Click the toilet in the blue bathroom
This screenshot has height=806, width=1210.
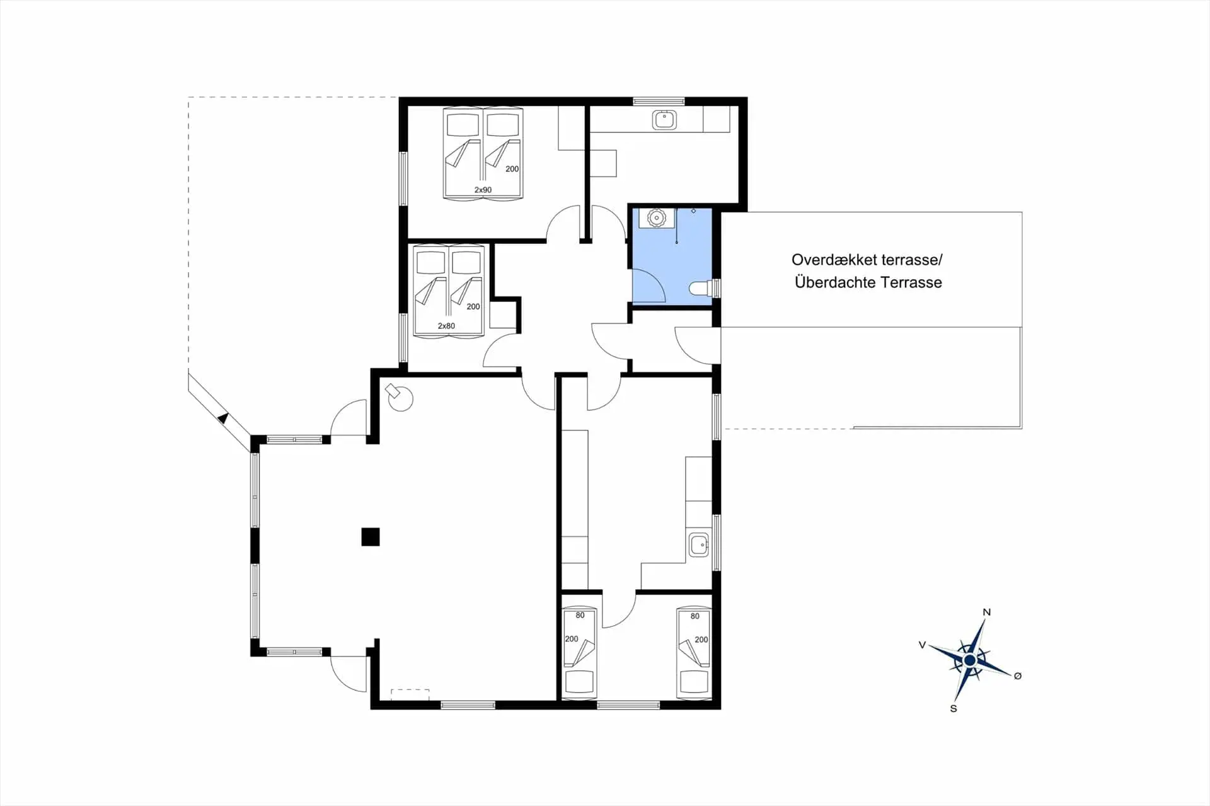pyautogui.click(x=701, y=288)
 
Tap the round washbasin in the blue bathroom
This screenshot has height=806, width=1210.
pyautogui.click(x=657, y=217)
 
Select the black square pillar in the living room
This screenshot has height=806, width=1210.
pyautogui.click(x=371, y=537)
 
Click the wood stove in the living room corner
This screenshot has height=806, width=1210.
pyautogui.click(x=399, y=396)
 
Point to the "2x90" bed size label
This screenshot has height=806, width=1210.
pyautogui.click(x=483, y=190)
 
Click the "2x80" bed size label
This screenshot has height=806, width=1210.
pyautogui.click(x=446, y=326)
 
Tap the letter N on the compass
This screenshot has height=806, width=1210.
pyautogui.click(x=987, y=612)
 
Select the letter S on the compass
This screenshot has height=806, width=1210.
pyautogui.click(x=954, y=708)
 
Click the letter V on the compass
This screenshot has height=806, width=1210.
pyautogui.click(x=922, y=645)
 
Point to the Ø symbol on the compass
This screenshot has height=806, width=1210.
pyautogui.click(x=1017, y=676)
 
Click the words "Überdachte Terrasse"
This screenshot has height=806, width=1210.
pyautogui.click(x=868, y=282)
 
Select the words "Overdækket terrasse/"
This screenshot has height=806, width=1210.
pyautogui.click(x=867, y=260)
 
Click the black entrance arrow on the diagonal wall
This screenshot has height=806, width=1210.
pyautogui.click(x=222, y=417)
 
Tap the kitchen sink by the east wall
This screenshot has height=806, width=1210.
pyautogui.click(x=699, y=544)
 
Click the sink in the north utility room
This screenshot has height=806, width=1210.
pyautogui.click(x=664, y=119)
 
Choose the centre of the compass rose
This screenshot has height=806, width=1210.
pyautogui.click(x=970, y=660)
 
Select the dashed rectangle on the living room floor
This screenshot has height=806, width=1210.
pyautogui.click(x=410, y=694)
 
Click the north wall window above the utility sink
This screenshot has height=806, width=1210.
pyautogui.click(x=659, y=101)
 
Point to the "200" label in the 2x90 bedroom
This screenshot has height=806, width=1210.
pyautogui.click(x=512, y=169)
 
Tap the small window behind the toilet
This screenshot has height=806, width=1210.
pyautogui.click(x=717, y=288)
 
